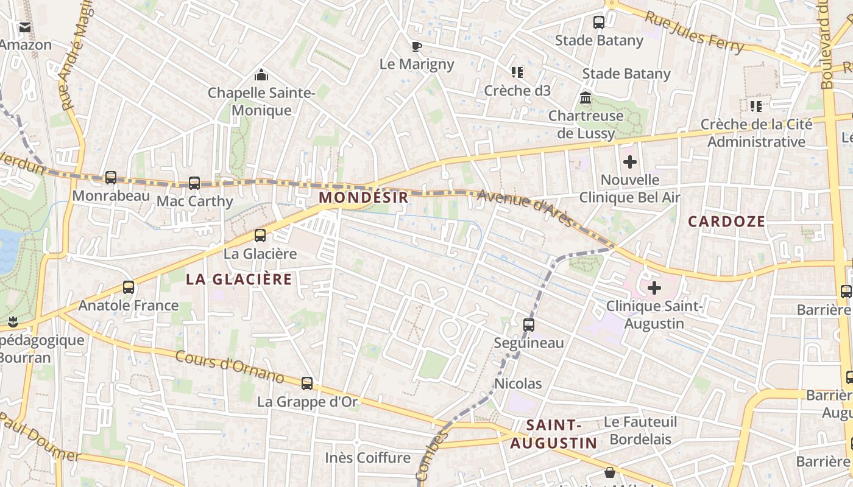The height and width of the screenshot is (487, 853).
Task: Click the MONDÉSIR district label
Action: (x=363, y=197)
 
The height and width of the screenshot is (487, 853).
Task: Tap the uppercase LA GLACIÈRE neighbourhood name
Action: (x=239, y=279)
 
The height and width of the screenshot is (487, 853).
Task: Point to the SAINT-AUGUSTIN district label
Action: (x=553, y=434)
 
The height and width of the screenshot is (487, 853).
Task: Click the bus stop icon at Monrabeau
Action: (x=111, y=178)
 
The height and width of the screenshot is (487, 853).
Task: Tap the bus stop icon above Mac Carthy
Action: (x=194, y=183)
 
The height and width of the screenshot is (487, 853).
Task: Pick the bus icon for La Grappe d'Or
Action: (x=307, y=384)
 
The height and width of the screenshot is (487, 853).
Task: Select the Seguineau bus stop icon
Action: (x=529, y=324)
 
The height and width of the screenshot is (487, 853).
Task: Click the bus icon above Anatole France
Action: (x=129, y=287)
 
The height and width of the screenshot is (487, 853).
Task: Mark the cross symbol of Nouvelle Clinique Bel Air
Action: (x=630, y=162)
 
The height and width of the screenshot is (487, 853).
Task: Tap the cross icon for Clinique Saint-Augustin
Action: (x=654, y=287)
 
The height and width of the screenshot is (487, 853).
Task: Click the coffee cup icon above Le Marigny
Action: (x=417, y=46)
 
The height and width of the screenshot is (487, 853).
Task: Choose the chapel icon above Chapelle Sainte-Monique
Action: (x=261, y=75)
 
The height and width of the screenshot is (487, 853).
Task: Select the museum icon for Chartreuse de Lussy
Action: (x=586, y=98)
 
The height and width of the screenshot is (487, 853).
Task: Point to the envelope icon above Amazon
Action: (x=25, y=27)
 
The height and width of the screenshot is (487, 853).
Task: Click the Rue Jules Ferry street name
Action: (x=695, y=32)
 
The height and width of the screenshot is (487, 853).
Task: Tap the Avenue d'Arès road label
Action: (x=525, y=208)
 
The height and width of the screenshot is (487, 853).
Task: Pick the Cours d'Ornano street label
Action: (x=230, y=366)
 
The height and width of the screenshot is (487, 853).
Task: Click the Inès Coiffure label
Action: (x=367, y=458)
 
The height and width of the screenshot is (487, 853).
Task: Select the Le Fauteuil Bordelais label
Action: (x=640, y=430)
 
